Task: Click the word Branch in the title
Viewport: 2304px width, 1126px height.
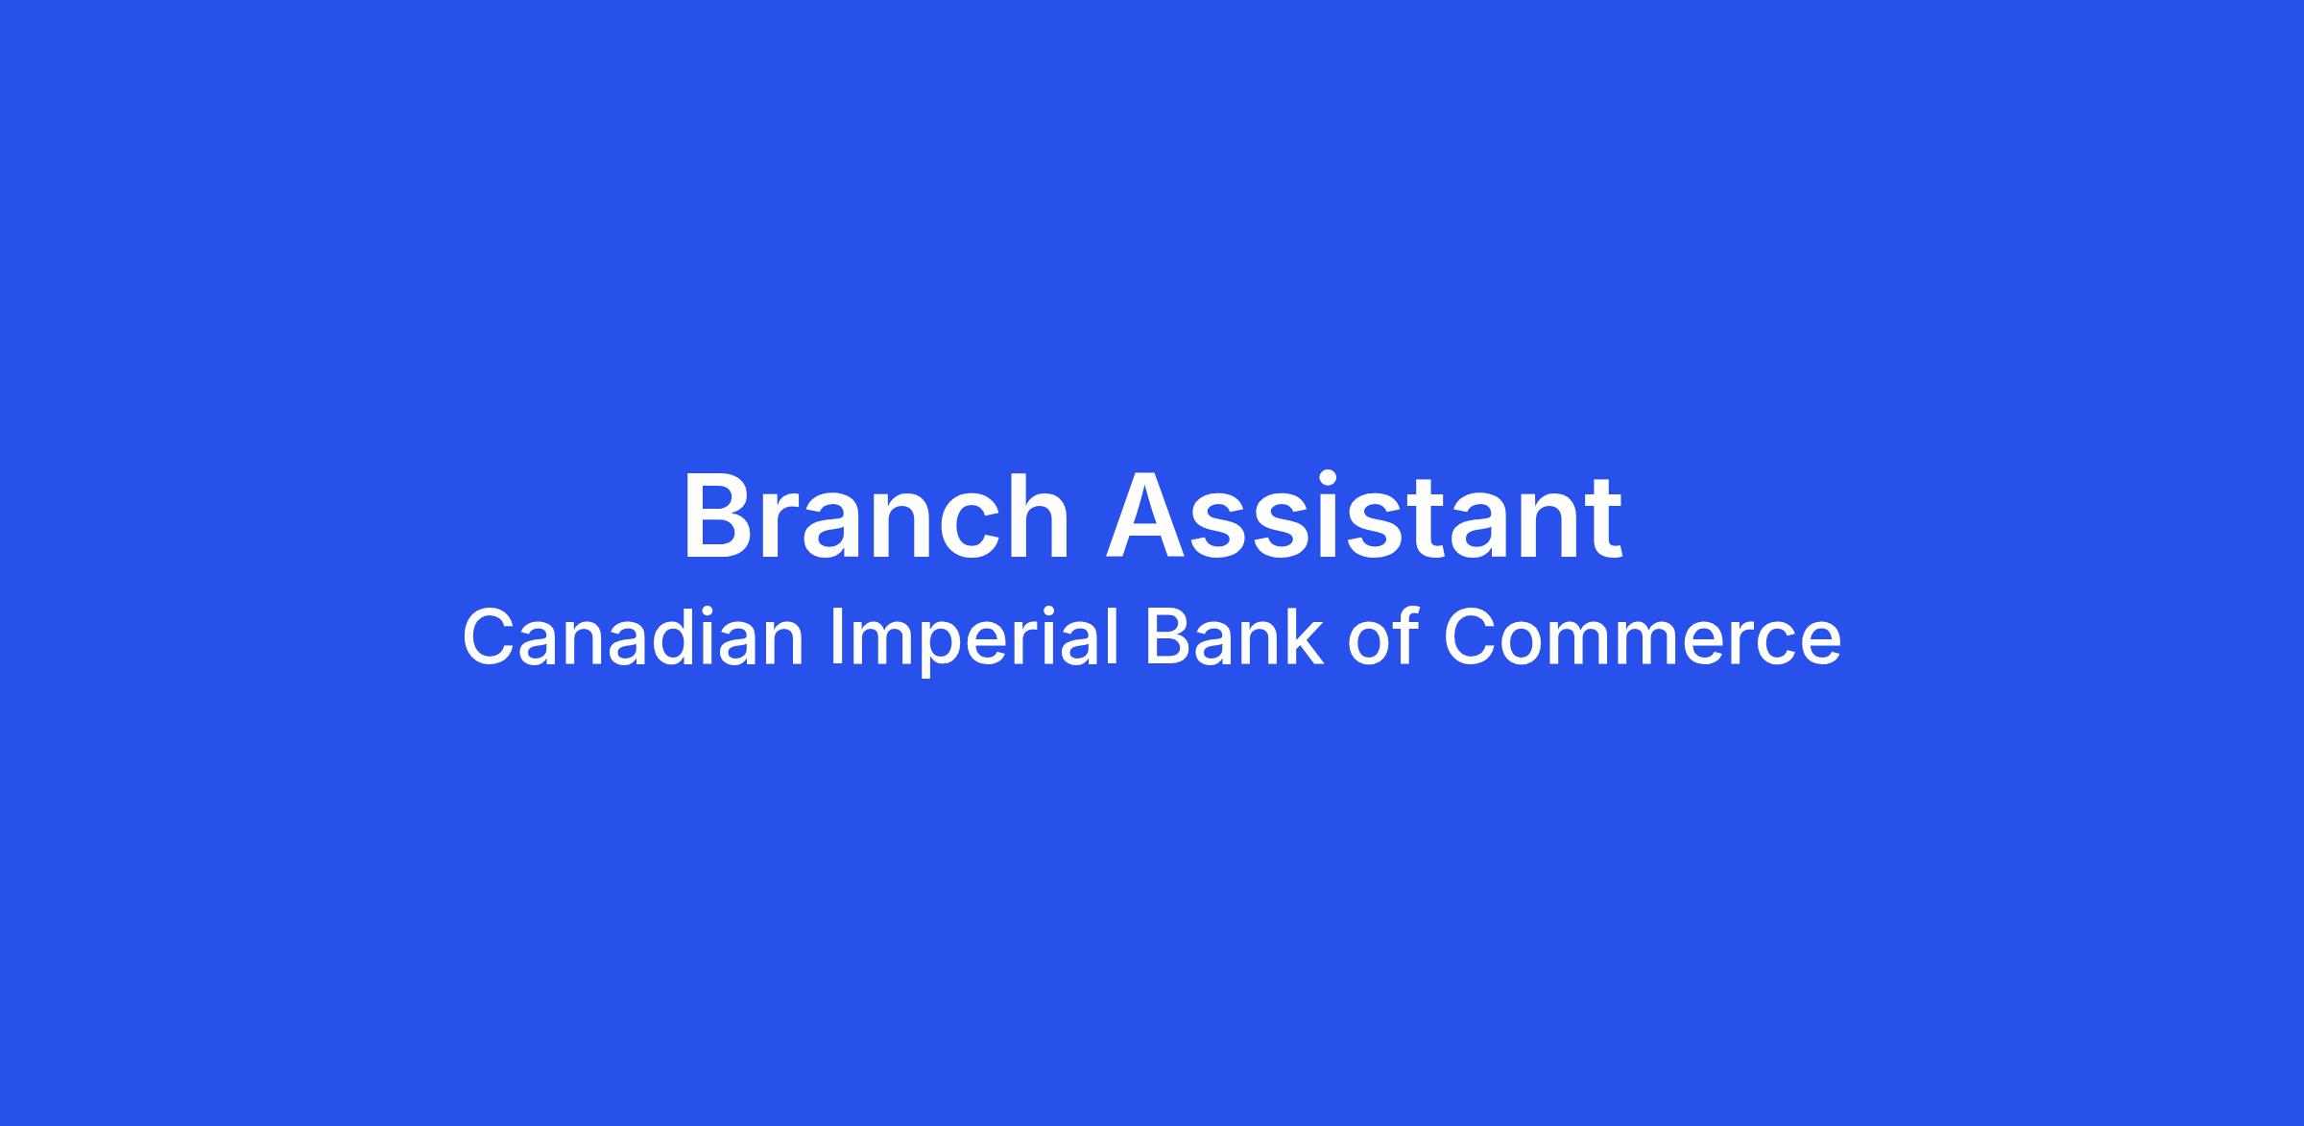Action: point(876,516)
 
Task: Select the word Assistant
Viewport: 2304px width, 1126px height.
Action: point(1364,516)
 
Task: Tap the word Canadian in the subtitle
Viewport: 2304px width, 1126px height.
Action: point(633,637)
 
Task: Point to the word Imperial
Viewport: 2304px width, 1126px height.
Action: point(974,641)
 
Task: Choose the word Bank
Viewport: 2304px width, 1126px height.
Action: point(1234,637)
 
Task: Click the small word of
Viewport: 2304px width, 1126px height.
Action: point(1383,637)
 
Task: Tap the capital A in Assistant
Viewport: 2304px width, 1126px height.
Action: point(1148,516)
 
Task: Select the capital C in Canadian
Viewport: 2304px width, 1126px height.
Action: point(490,638)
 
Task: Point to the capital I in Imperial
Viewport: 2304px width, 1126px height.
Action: point(835,638)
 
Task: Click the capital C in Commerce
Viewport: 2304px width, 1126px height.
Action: point(1472,638)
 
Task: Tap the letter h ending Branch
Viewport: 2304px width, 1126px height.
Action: point(1041,516)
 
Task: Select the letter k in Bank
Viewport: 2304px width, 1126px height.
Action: point(1304,637)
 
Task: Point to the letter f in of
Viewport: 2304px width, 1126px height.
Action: point(1406,636)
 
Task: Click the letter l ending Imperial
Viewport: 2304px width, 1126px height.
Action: point(1115,636)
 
